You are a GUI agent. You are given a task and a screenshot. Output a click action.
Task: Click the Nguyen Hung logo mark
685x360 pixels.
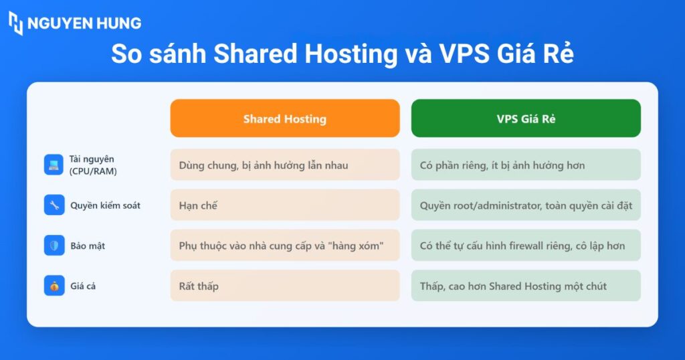coord(16,23)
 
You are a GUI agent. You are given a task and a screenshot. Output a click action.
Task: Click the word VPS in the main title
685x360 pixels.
coord(464,54)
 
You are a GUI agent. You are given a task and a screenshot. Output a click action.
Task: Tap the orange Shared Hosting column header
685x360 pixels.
coord(285,118)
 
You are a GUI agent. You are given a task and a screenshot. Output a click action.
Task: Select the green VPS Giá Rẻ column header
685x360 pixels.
coord(526,118)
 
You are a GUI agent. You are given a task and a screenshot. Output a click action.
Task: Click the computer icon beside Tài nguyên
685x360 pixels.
coord(54,165)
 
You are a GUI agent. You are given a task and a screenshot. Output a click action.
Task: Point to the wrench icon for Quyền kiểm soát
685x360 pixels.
coord(54,205)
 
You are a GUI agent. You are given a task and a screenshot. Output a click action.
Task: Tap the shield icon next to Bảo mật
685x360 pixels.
coord(54,246)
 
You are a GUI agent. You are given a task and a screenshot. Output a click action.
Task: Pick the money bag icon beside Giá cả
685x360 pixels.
coord(54,286)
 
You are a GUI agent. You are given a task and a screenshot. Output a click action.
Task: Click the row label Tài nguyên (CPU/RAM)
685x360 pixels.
coord(93,165)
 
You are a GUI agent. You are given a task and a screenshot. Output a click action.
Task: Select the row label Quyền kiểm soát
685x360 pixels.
coord(105,205)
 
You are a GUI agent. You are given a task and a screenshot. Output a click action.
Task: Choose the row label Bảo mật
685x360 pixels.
coord(88,246)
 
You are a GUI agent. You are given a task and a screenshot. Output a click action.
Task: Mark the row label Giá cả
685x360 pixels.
coord(83,286)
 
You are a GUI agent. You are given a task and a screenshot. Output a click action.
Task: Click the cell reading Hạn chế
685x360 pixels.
coord(285,205)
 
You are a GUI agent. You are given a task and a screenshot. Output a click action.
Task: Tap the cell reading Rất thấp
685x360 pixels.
coord(285,286)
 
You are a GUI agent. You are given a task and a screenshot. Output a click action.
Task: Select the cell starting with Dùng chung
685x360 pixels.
coord(285,165)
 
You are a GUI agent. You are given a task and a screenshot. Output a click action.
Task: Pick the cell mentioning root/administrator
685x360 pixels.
coord(526,205)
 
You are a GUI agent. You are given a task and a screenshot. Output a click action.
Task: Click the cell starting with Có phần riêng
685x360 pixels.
coord(526,165)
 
